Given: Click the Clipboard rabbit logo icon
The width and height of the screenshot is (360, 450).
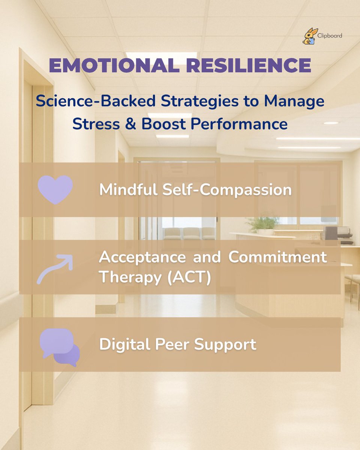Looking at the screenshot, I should pyautogui.click(x=310, y=37).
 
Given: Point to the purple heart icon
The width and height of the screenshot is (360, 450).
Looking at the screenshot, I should pyautogui.click(x=55, y=190).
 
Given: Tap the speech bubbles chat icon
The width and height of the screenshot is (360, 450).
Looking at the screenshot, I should pyautogui.click(x=60, y=347).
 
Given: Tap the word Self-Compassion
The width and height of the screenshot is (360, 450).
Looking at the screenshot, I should pyautogui.click(x=226, y=190).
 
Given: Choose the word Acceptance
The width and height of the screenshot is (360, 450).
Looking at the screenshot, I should pyautogui.click(x=142, y=258).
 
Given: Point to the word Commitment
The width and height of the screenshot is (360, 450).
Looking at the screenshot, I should pyautogui.click(x=277, y=258).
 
